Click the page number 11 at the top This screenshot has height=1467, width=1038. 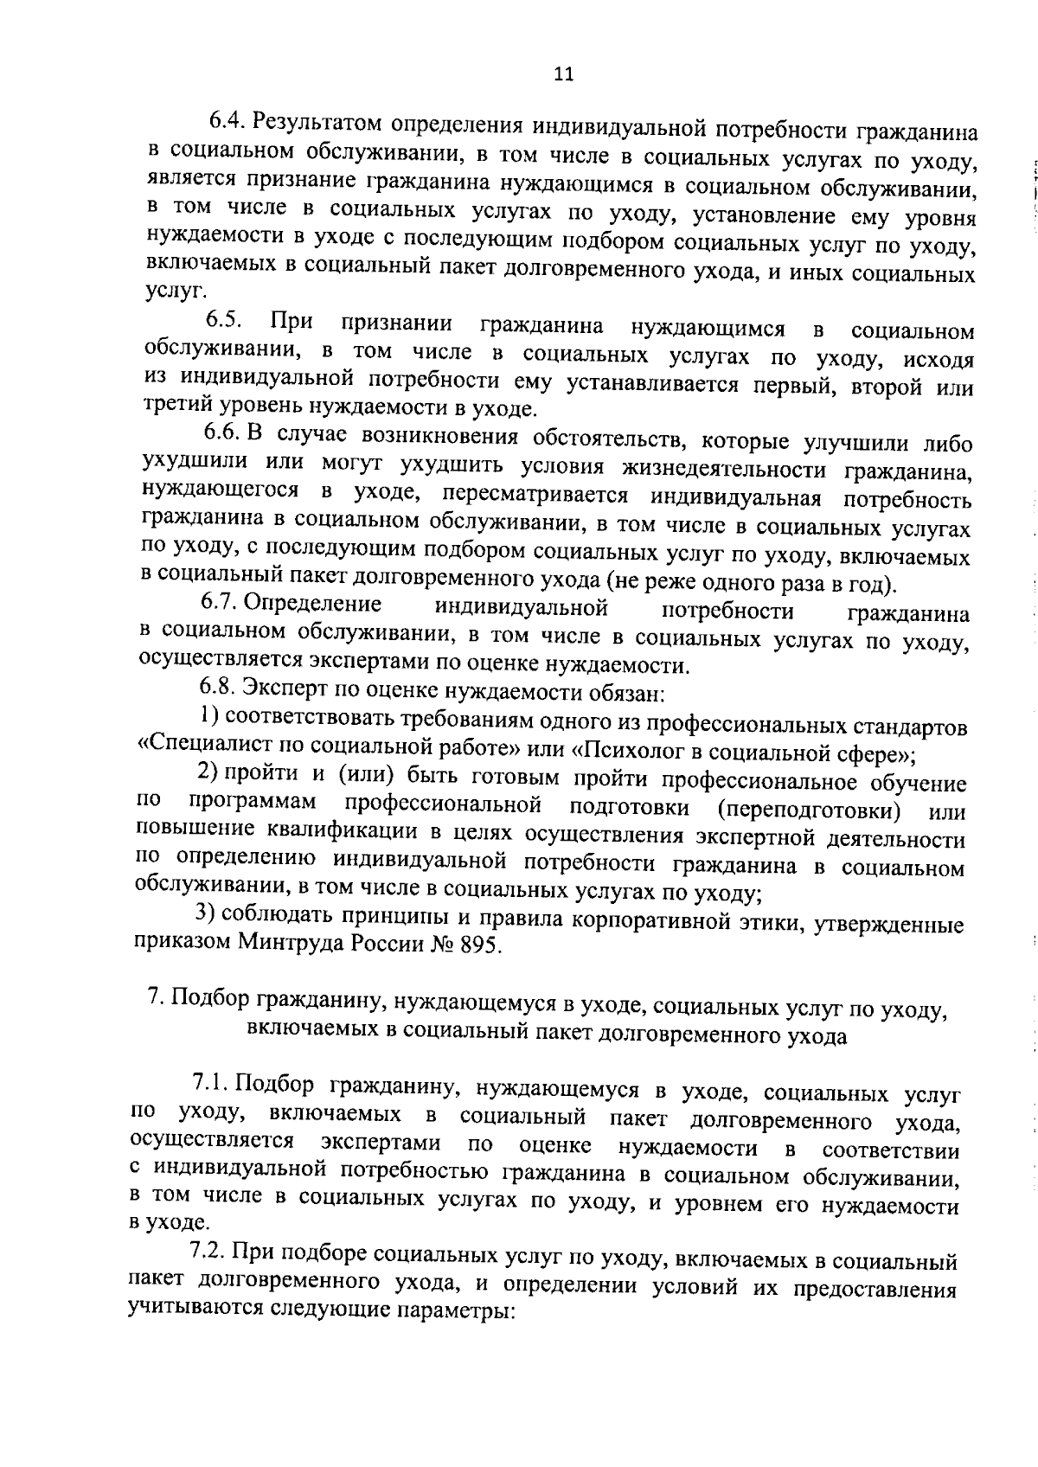(x=563, y=74)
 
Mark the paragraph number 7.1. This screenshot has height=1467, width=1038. (x=210, y=1084)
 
